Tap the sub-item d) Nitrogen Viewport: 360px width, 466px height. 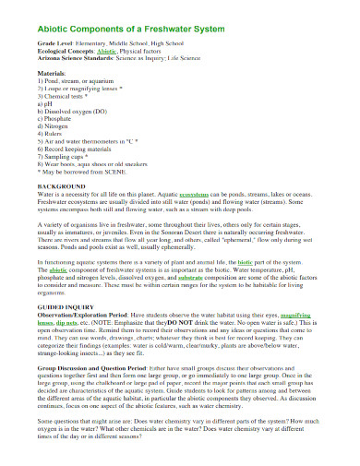(54, 126)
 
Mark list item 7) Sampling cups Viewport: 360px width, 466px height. (62, 157)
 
